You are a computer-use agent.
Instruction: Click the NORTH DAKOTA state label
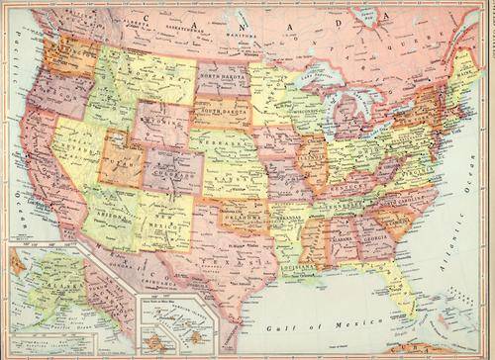[x=223, y=75]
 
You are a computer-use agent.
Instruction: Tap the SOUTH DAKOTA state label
[x=223, y=112]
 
